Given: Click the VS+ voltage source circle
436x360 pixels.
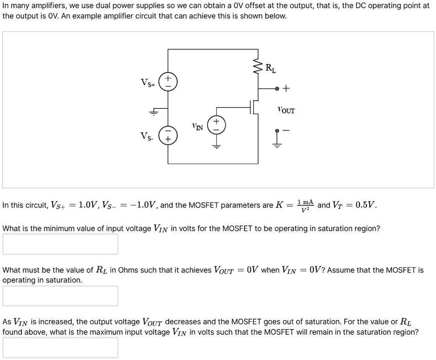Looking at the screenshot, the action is coord(168,82).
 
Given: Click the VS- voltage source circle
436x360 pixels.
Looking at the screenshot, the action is coord(168,135).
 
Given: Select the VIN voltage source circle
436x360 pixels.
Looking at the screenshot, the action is coord(216,124).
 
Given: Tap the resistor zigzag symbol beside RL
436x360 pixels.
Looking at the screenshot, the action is coord(258,67).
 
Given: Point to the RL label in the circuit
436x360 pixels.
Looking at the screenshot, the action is coord(271,68).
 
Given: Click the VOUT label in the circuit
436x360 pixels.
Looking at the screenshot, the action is coord(286,111).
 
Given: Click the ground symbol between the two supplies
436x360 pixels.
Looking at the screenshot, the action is coord(153,112).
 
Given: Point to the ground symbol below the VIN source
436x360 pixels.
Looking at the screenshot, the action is coord(216,145).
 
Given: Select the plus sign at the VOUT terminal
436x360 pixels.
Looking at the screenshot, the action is coord(286,88).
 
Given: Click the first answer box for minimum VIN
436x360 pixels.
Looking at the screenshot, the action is coord(60,244).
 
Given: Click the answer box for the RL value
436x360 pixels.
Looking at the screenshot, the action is coord(60,296).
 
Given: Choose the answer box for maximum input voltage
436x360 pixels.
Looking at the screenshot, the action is coord(60,347).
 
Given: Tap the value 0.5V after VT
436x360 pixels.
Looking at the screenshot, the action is coord(364,205).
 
